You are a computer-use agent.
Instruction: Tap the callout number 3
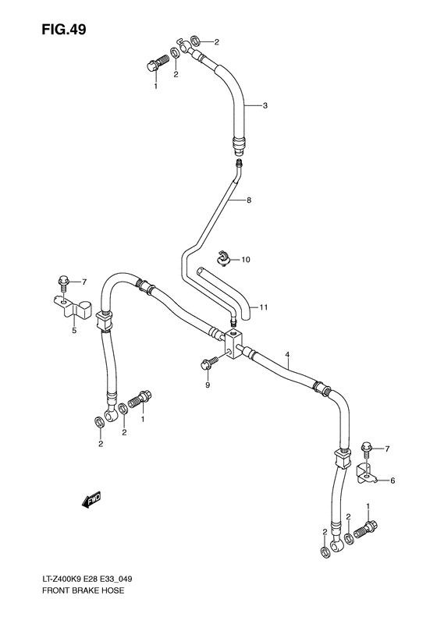pos(265,105)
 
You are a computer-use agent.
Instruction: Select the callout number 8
pos(249,200)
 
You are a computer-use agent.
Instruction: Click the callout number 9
pos(208,385)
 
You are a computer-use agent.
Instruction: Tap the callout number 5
pos(74,331)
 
